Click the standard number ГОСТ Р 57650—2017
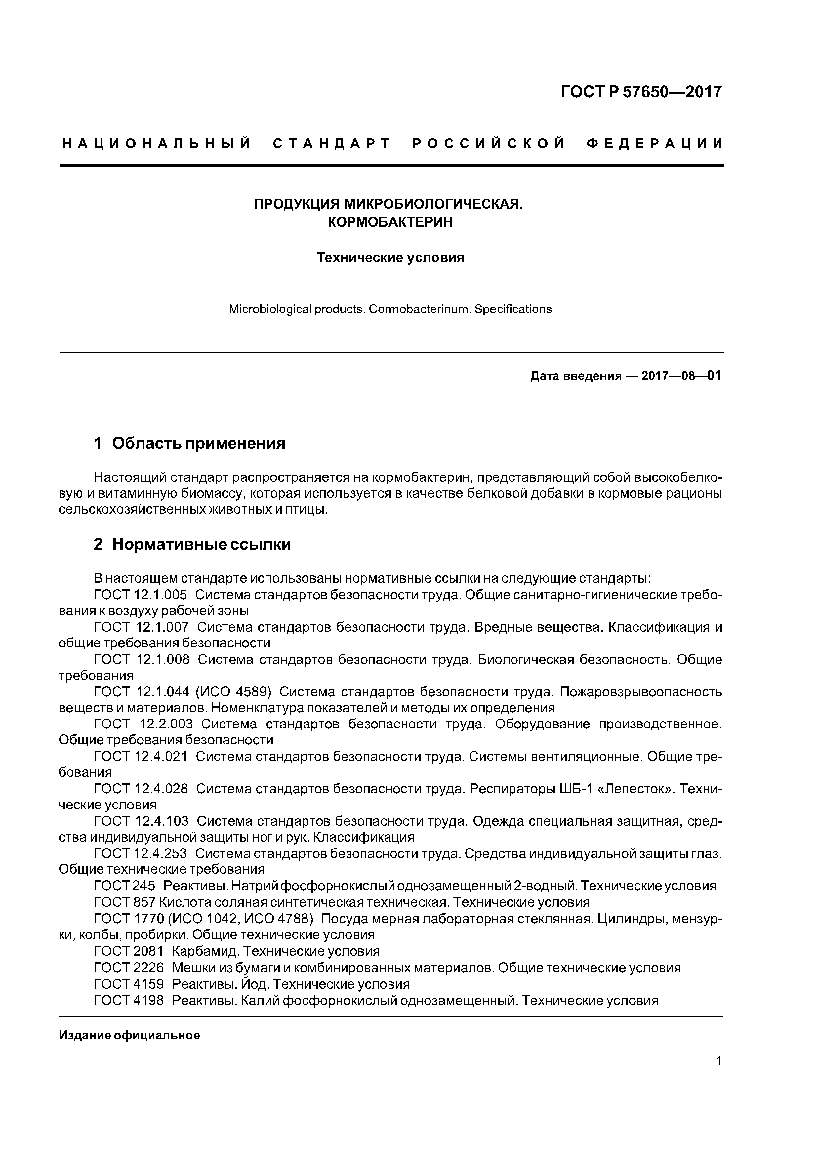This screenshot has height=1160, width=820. click(x=642, y=92)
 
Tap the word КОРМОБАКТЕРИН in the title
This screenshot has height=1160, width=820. click(x=390, y=222)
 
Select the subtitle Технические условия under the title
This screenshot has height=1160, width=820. click(x=390, y=258)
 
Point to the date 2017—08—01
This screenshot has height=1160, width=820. click(x=681, y=376)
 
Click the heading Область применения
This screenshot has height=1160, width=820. click(x=199, y=443)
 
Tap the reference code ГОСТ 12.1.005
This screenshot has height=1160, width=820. click(x=141, y=595)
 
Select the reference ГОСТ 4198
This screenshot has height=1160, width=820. click(x=129, y=1000)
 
